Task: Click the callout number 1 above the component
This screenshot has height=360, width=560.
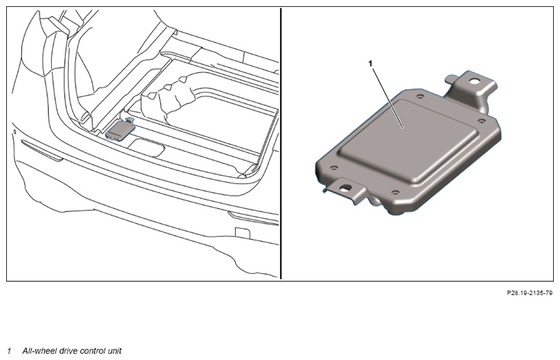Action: click(370, 63)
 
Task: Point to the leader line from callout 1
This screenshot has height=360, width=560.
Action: click(388, 98)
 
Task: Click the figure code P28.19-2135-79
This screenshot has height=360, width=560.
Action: click(530, 293)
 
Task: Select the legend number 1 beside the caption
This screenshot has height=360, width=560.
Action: click(9, 351)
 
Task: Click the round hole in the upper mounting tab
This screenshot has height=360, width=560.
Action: click(474, 81)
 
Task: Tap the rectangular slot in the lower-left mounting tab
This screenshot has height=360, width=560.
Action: click(346, 187)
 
